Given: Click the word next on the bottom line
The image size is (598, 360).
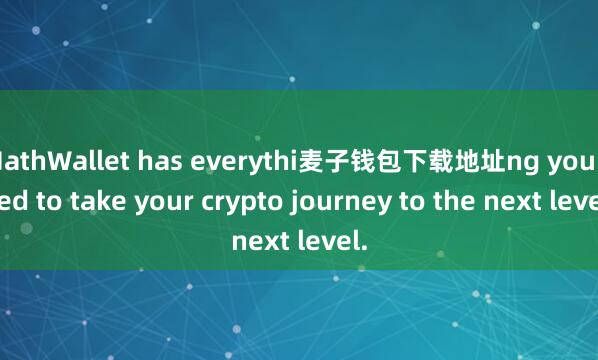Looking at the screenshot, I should click(262, 241).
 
